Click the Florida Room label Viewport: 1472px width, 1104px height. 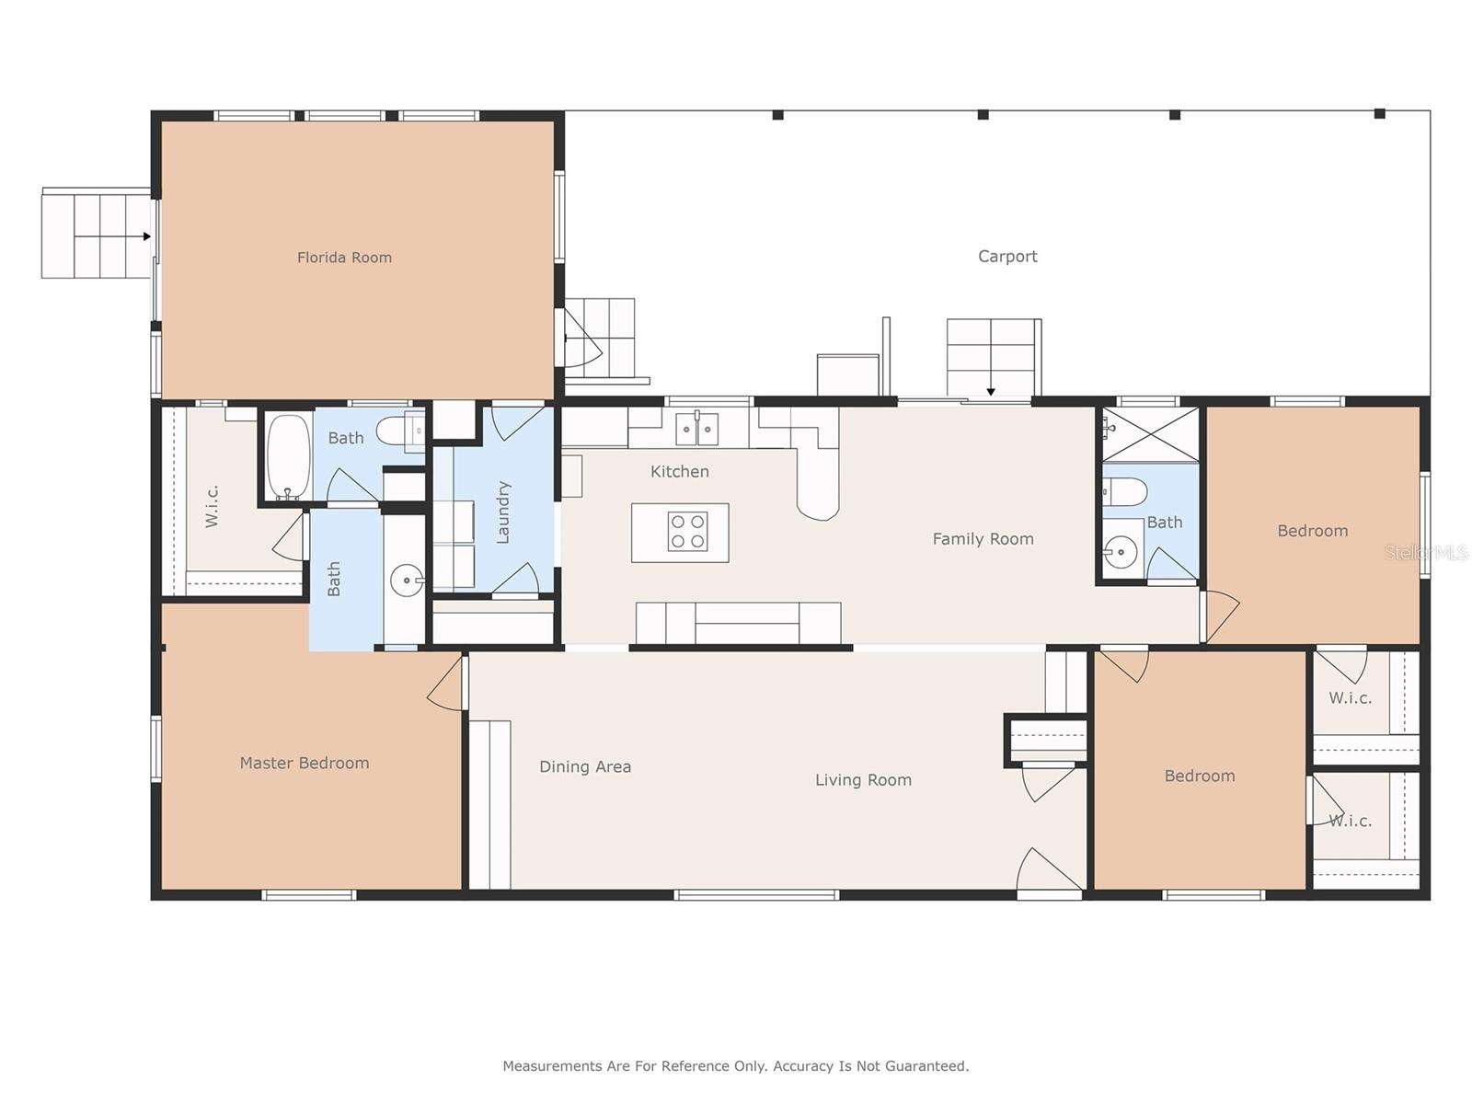tap(344, 258)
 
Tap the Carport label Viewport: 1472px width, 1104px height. tap(1007, 256)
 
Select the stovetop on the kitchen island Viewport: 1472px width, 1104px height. tap(687, 532)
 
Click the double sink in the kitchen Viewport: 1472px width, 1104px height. tap(696, 429)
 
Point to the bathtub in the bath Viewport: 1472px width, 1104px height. tap(288, 455)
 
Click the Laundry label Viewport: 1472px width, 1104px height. tap(503, 512)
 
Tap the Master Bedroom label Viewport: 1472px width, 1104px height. tap(305, 763)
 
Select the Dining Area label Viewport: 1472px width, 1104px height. tap(585, 767)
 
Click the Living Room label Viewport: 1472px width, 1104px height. tap(863, 780)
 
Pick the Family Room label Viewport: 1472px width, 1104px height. tap(983, 539)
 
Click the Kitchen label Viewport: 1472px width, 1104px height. tap(679, 472)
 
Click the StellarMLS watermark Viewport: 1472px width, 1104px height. tap(1426, 553)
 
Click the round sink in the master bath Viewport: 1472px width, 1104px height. tap(407, 581)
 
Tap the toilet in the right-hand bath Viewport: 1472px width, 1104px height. tap(1125, 492)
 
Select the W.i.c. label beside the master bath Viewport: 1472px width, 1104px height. tap(212, 507)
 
